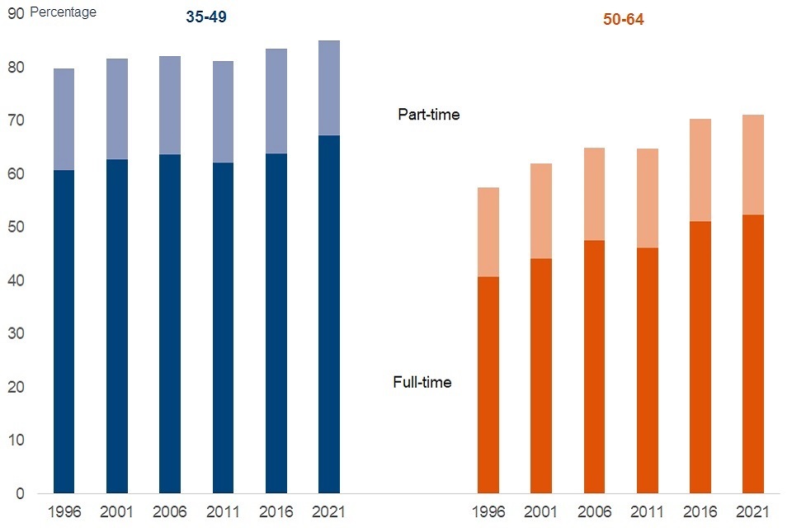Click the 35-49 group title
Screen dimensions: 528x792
205,17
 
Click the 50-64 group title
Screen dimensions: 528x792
623,20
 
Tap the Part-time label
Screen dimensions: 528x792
428,115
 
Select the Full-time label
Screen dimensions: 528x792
422,382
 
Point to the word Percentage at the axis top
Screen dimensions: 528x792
63,12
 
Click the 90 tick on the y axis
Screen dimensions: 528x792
16,12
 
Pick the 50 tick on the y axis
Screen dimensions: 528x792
16,227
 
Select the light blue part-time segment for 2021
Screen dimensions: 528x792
328,87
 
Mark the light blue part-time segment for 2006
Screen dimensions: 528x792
170,105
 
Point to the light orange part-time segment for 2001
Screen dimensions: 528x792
541,210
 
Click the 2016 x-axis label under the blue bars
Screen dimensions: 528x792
276,512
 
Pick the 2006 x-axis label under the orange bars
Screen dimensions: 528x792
594,512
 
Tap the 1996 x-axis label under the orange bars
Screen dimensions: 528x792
488,512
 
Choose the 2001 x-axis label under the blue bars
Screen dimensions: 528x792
116,512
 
